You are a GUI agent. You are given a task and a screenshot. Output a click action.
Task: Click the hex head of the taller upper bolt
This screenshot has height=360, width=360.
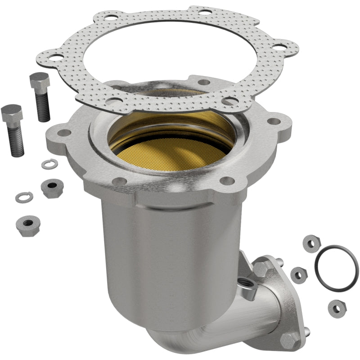[x=39, y=81]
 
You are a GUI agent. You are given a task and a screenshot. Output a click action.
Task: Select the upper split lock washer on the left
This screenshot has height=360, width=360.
[x=49, y=164]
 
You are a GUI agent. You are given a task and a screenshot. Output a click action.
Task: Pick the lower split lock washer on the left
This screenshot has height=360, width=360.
[x=23, y=197]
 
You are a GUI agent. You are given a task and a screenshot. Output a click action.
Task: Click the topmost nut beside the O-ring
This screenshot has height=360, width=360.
[x=311, y=243]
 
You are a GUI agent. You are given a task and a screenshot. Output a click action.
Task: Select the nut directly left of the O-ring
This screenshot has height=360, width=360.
[x=298, y=274]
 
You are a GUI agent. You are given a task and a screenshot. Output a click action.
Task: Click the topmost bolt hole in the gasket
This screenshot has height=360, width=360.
[x=205, y=12]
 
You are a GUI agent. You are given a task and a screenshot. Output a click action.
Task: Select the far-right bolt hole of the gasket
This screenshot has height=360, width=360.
[x=280, y=46]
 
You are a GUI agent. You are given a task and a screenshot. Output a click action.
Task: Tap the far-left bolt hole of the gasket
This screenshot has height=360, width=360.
[x=55, y=58]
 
